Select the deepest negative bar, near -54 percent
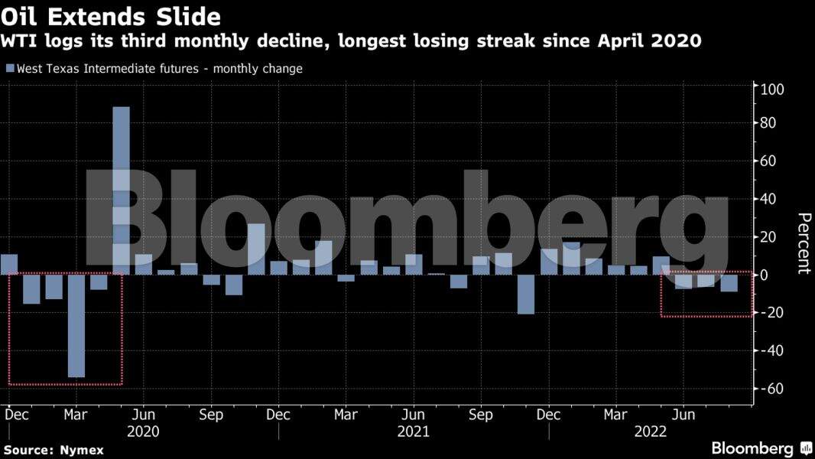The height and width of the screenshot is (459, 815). [x=76, y=326]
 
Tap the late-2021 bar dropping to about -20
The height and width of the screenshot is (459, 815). [x=525, y=294]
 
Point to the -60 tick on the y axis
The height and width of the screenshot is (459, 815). [x=770, y=389]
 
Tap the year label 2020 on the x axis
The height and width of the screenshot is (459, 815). [x=143, y=431]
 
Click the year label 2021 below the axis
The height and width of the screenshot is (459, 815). [x=414, y=431]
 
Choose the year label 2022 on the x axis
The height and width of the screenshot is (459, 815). [x=651, y=431]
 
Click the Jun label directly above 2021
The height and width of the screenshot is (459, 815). [x=414, y=415]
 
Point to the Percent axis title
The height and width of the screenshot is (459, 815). [x=803, y=243]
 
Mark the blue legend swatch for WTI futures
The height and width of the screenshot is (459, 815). [x=10, y=69]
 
